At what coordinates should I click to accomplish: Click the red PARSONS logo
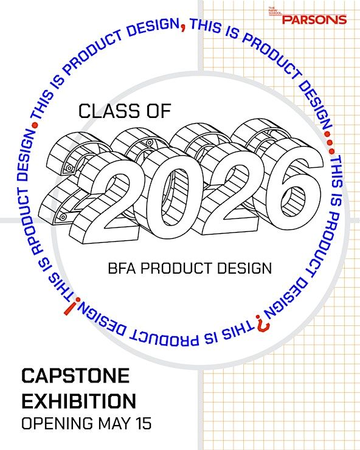(314, 19)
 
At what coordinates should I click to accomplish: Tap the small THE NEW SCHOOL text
(275, 11)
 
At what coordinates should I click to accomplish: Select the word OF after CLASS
(159, 111)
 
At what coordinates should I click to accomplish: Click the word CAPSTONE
(75, 375)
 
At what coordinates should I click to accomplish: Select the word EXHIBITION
(78, 401)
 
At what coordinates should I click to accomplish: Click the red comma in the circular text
(183, 27)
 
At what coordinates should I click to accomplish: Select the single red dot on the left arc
(35, 125)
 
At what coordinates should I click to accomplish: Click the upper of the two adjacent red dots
(327, 134)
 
